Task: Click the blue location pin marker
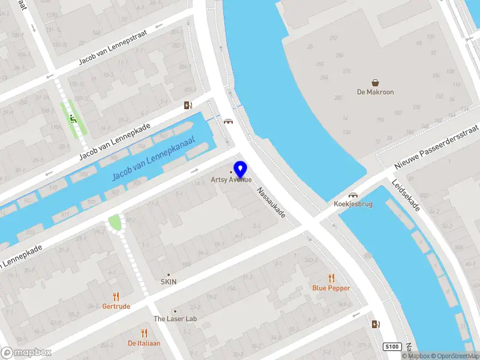[241, 169]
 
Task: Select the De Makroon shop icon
[375, 83]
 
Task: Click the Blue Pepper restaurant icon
[331, 278]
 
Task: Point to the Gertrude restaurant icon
[116, 296]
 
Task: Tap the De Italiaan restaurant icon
[144, 333]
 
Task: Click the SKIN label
[168, 281]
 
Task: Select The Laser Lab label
[175, 319]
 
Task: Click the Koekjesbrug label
[353, 204]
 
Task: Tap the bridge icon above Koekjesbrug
[353, 195]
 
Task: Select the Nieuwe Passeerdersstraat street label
[436, 148]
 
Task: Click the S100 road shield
[392, 347]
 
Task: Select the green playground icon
[73, 118]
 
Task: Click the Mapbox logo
[26, 353]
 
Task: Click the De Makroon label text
[375, 92]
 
